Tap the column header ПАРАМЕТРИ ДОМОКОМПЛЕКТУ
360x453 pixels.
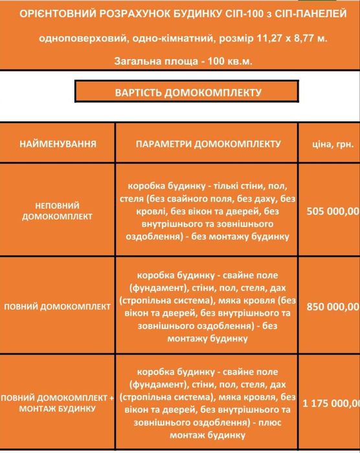[x=208, y=143]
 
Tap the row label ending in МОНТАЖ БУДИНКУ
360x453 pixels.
[x=58, y=409]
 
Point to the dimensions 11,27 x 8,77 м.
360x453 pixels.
[x=295, y=38]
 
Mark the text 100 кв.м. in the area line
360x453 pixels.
[x=231, y=60]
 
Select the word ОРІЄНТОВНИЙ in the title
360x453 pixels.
[x=58, y=13]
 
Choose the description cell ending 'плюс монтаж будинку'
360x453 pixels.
[x=208, y=402]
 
